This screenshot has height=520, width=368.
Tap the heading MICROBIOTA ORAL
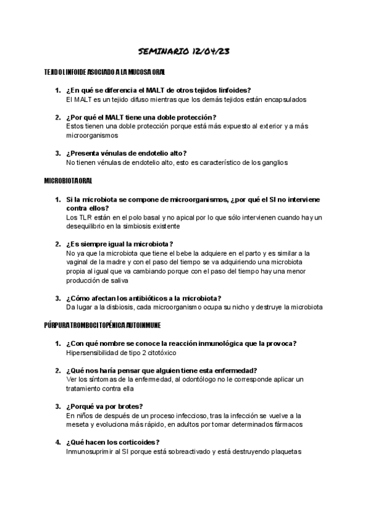pos(68,182)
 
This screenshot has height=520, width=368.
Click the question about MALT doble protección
pos(141,117)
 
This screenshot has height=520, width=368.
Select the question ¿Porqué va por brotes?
pos(104,407)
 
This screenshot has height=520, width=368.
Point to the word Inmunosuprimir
pos(91,452)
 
